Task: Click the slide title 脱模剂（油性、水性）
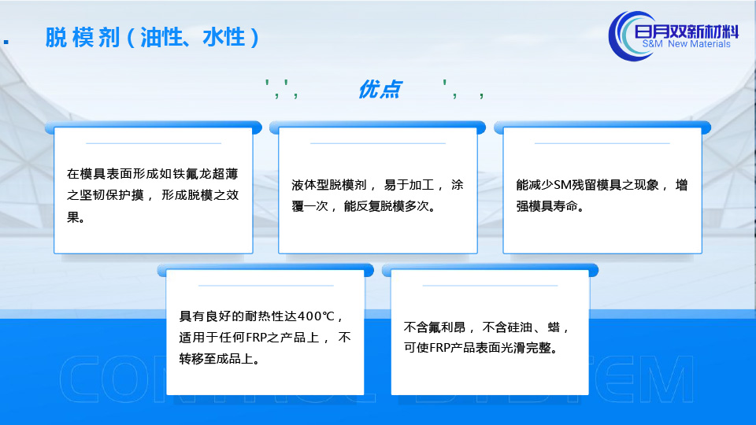point(152,37)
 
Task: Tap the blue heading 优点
point(380,90)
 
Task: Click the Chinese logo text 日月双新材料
point(686,31)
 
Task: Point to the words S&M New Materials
point(686,44)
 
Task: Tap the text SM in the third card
point(562,185)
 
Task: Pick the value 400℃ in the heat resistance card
point(316,316)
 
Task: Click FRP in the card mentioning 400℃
point(256,338)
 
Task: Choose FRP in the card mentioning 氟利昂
point(439,348)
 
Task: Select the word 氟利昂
point(447,327)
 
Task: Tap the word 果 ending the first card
point(72,217)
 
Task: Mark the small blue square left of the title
point(6,42)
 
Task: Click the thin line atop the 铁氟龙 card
point(154,143)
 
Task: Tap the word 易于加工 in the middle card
point(409,185)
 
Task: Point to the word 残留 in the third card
point(584,185)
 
